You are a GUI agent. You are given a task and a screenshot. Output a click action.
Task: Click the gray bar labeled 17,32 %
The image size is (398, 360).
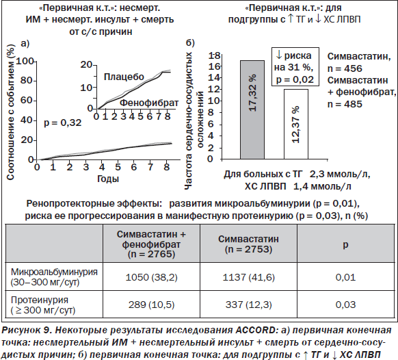tap(252, 110)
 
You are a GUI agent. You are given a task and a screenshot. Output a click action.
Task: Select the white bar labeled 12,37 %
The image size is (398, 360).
tap(296, 125)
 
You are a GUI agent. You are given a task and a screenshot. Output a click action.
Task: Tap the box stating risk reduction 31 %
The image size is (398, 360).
tap(295, 66)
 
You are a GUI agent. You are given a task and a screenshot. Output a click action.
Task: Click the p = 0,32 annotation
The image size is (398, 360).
tap(63, 123)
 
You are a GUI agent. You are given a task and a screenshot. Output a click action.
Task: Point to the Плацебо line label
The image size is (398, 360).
tap(124, 77)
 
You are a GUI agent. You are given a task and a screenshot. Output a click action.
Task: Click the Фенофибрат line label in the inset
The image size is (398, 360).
tap(149, 103)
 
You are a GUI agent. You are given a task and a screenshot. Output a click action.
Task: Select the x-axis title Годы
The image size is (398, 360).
tap(108, 179)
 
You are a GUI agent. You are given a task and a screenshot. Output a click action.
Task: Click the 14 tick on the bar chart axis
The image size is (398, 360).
tap(214, 78)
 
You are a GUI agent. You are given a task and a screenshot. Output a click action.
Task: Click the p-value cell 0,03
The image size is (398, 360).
tap(345, 305)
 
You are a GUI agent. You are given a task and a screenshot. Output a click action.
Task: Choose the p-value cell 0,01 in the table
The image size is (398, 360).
tap(345, 277)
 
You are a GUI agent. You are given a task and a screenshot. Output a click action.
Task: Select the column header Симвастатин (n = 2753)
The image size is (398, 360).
tap(248, 244)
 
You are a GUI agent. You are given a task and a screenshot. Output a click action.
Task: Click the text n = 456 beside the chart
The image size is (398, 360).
tap(345, 68)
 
